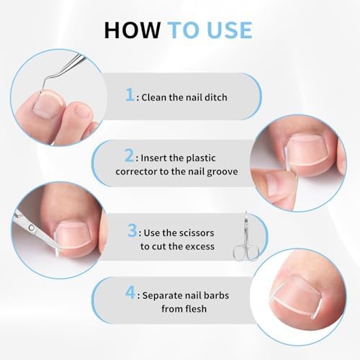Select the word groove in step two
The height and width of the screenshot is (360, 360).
[222, 172]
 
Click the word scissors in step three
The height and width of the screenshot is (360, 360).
[193, 232]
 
